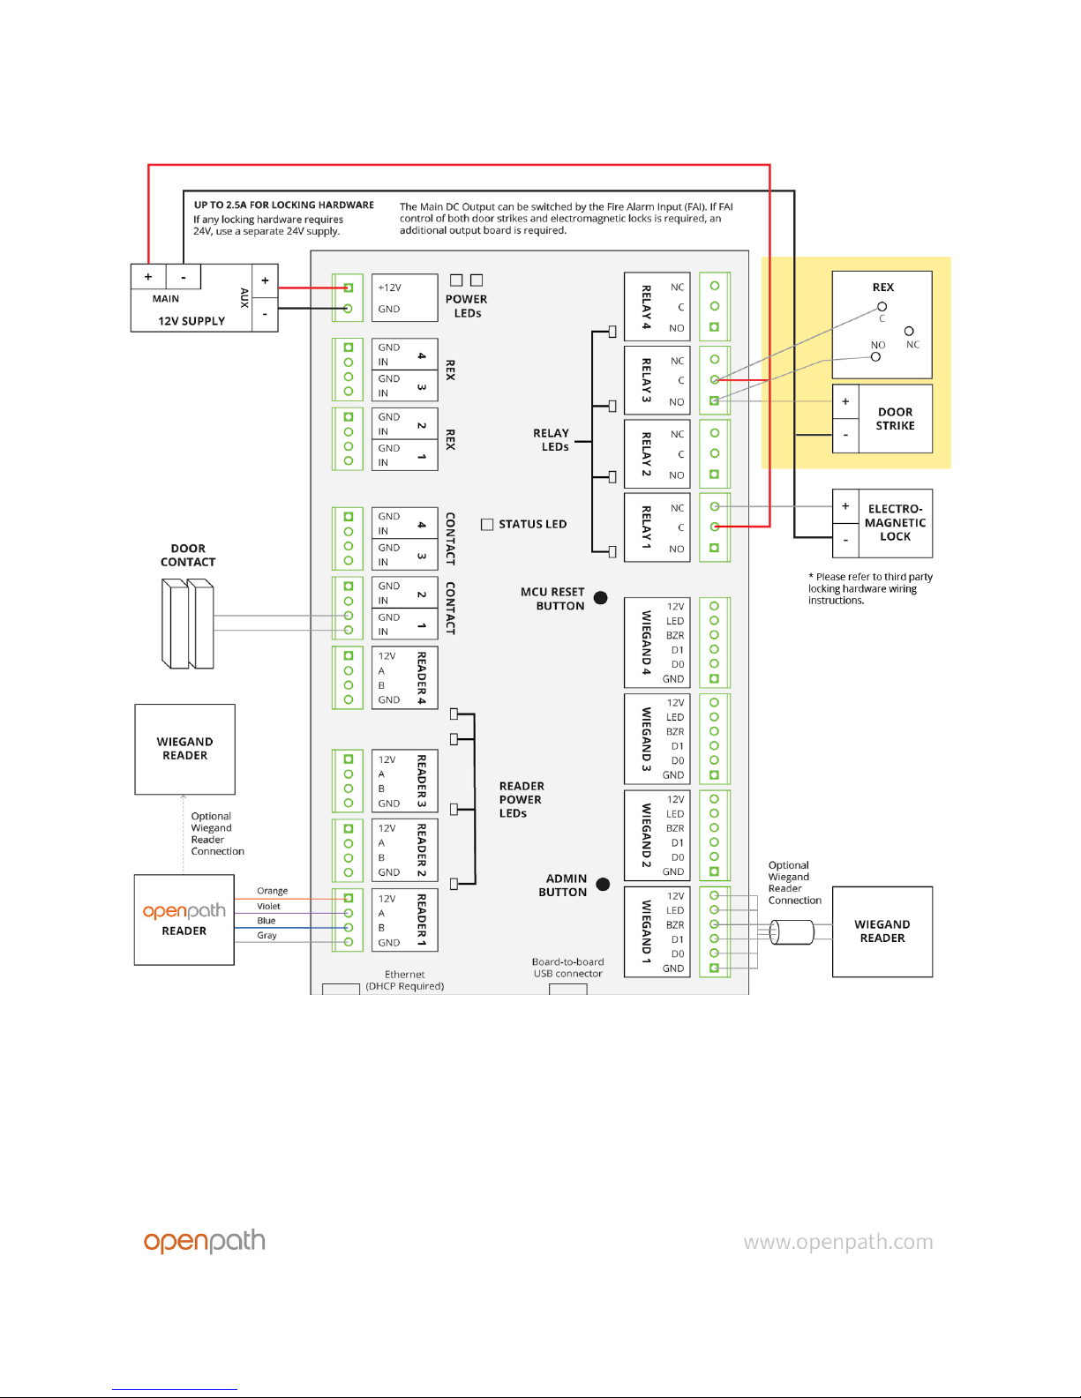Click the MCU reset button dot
coord(601,598)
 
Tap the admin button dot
coord(604,885)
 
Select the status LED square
coord(487,524)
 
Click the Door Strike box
coord(882,419)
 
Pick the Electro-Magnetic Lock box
coord(882,523)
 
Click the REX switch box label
coord(882,288)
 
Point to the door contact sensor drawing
coord(188,623)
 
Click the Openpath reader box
coord(184,920)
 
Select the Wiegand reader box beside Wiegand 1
coord(882,931)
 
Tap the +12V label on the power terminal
coord(389,288)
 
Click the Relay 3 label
coord(646,380)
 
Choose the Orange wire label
coord(272,891)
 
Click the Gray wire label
coord(266,936)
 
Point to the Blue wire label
coord(266,921)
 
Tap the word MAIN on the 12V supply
coord(166,299)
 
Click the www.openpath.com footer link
coord(837,1242)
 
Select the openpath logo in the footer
coord(205,1241)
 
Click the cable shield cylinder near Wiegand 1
coord(792,931)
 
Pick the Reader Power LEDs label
coord(521,800)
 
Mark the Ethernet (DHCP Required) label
coord(405,981)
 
